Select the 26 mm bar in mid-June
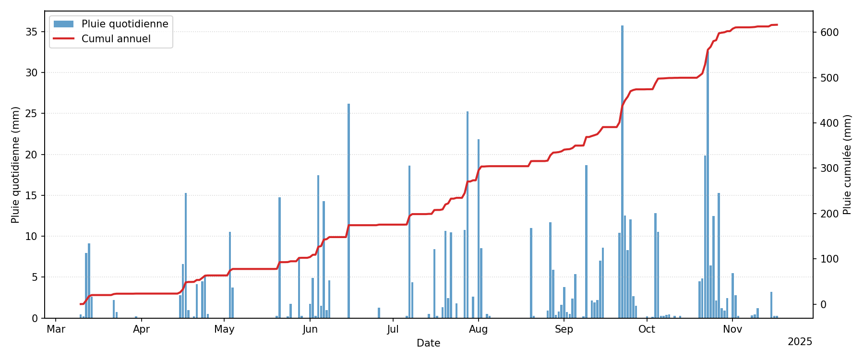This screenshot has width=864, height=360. [x=348, y=211]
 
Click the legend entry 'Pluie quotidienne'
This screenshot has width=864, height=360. [x=125, y=24]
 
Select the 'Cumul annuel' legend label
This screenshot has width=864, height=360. [x=116, y=39]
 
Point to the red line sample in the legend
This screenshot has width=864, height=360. [x=63, y=39]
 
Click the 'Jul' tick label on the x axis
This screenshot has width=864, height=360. [x=393, y=329]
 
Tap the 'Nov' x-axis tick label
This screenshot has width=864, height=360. [x=732, y=329]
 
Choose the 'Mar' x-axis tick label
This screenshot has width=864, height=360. [x=56, y=329]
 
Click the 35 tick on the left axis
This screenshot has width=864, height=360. [x=32, y=32]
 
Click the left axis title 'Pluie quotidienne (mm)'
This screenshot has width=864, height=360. [x=15, y=165]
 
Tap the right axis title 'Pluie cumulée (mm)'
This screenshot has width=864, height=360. [x=847, y=165]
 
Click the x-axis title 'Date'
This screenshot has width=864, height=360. [x=428, y=343]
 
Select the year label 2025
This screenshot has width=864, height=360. [x=800, y=342]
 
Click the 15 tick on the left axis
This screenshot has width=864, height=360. [x=32, y=195]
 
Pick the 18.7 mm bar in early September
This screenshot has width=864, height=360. [x=586, y=241]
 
